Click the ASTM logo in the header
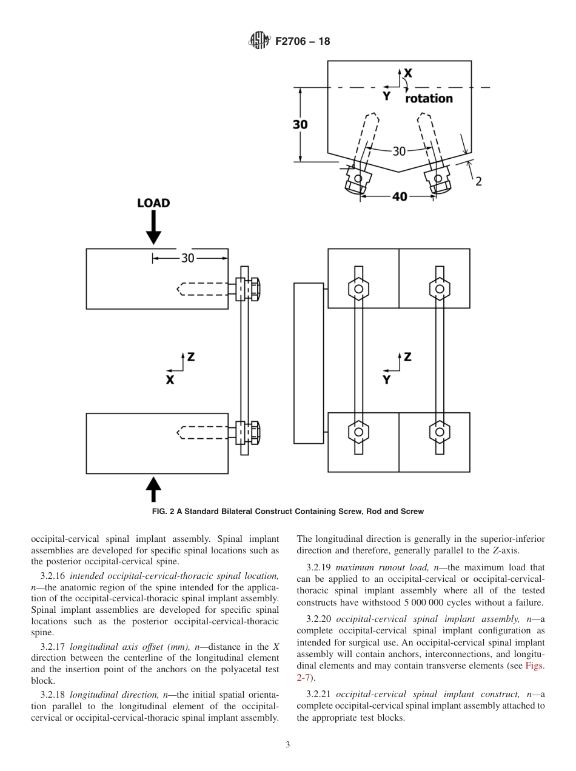(259, 41)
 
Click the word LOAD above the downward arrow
(153, 203)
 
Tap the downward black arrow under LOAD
(153, 229)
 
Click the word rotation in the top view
(429, 98)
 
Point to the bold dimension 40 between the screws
(400, 196)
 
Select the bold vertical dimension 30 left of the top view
(300, 124)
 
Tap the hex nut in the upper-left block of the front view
(358, 289)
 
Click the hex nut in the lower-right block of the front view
(440, 432)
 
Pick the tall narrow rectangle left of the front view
(309, 362)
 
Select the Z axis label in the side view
(190, 357)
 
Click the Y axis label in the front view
(386, 380)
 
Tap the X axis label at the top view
(408, 73)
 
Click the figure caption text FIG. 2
(288, 512)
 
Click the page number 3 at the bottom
(288, 745)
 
